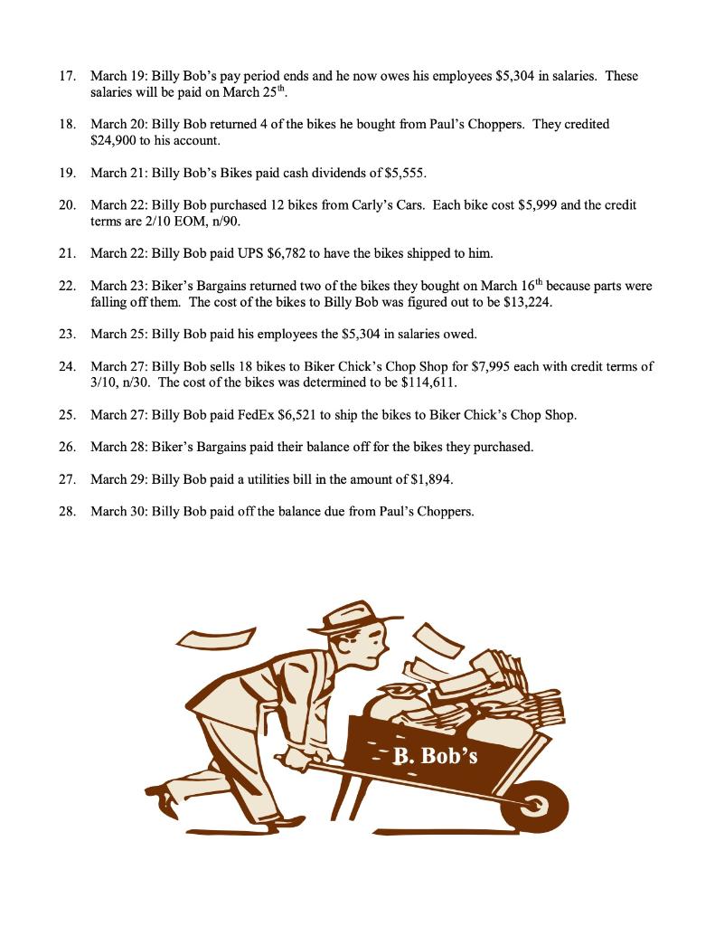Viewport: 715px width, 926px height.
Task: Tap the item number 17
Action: (x=66, y=76)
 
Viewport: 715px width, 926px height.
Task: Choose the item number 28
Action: (x=66, y=511)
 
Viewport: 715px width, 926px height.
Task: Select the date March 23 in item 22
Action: (x=118, y=286)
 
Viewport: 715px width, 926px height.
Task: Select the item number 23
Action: (x=66, y=334)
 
